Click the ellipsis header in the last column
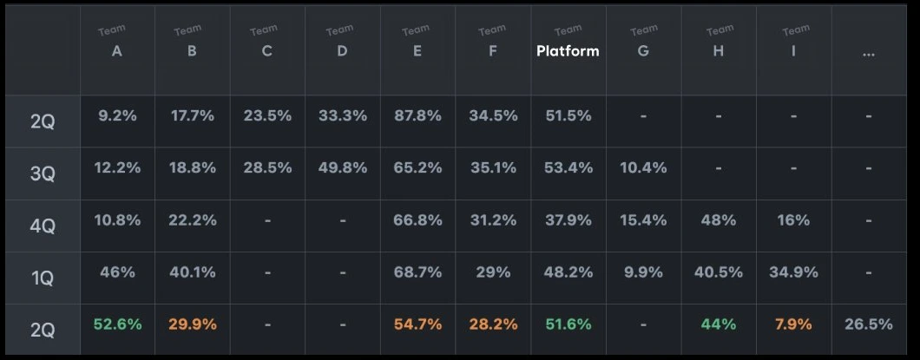click(869, 54)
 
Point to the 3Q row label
click(43, 174)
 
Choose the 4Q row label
click(43, 226)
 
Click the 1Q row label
click(43, 278)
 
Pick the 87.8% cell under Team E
click(417, 116)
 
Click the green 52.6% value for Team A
click(117, 324)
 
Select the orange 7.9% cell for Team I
click(793, 324)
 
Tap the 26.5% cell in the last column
click(869, 324)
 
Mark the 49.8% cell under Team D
click(343, 168)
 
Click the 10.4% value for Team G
click(643, 168)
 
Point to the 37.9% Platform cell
click(568, 220)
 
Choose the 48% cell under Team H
click(718, 220)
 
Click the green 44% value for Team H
click(718, 324)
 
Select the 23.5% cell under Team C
click(267, 116)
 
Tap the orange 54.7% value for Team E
click(417, 324)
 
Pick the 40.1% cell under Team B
click(193, 272)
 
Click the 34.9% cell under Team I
click(793, 272)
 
